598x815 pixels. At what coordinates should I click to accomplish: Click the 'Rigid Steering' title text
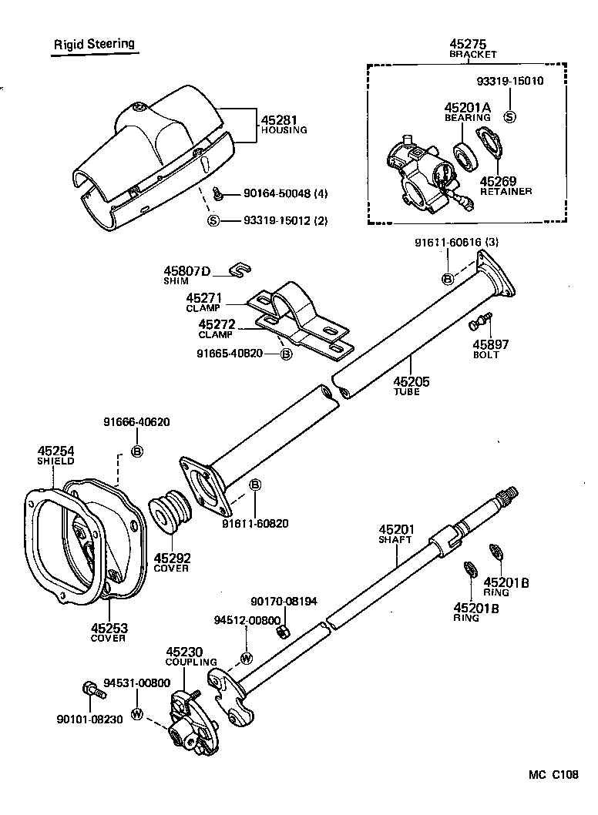(94, 44)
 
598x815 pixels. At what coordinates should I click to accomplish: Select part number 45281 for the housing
(277, 120)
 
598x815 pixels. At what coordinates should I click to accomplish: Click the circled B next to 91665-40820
(286, 354)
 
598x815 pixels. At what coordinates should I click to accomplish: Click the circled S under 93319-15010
(509, 116)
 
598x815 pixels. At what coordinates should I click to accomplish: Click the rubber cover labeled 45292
(170, 512)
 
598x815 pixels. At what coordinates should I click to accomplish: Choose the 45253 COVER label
(109, 632)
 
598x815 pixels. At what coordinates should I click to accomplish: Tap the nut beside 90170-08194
(283, 631)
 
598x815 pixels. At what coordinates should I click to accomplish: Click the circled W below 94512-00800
(247, 659)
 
